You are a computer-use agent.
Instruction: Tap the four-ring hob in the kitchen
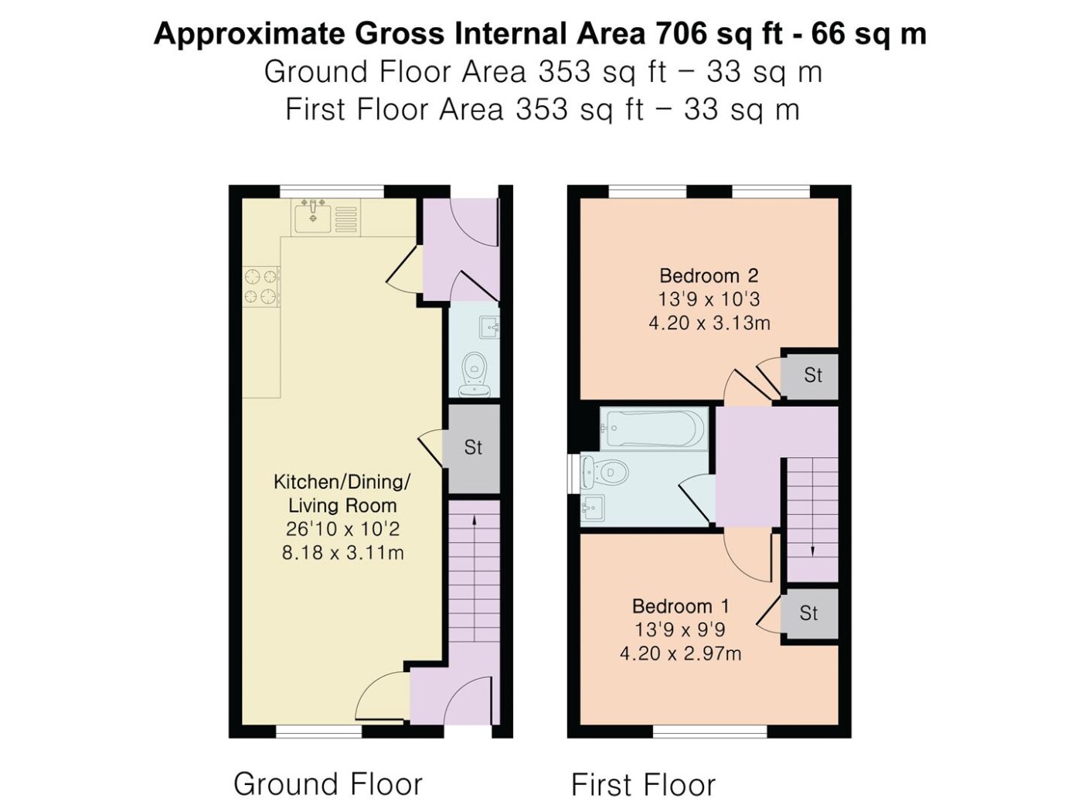pos(261,286)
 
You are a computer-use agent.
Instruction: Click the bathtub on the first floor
pos(654,428)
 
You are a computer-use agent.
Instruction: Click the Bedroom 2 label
pos(709,275)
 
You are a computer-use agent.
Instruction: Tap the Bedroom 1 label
pos(680,606)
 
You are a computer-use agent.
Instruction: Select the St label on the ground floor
pos(473,447)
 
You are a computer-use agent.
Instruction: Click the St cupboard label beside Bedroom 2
pos(813,376)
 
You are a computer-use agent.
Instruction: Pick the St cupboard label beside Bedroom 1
pos(809,613)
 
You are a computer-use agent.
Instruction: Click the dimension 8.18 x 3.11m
pos(343,553)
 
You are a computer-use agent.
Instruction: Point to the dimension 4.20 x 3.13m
pos(709,323)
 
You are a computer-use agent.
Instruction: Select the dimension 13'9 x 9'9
pos(680,629)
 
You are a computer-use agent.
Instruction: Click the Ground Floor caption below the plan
pos(328,784)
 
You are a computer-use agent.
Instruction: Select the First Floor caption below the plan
pos(643,785)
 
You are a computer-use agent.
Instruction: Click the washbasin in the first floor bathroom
pos(594,508)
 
